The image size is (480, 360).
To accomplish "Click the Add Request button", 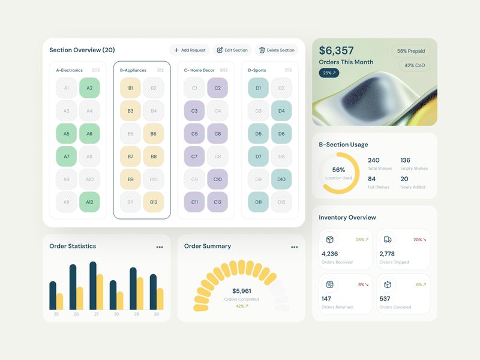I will click(x=190, y=50).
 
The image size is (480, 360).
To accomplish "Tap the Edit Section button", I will click(x=232, y=50).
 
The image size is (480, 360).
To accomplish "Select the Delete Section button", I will click(x=277, y=50).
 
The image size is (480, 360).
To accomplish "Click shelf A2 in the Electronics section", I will click(x=89, y=88).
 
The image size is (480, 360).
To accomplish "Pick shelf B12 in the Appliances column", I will click(x=154, y=202).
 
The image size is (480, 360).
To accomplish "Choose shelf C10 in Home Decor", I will click(x=217, y=179).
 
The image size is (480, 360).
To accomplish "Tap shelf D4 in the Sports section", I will click(x=281, y=111).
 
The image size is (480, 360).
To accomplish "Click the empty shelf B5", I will click(x=131, y=134).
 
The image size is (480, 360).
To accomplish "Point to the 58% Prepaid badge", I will click(x=411, y=52).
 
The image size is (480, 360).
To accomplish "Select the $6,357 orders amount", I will click(x=337, y=51).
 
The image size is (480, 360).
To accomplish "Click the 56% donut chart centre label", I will click(x=338, y=170).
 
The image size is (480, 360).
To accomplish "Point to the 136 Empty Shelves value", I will click(x=406, y=160).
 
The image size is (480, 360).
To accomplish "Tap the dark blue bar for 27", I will click(x=93, y=285).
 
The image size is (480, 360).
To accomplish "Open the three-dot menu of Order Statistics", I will click(x=160, y=247).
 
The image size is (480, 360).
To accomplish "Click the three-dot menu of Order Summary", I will click(x=294, y=247).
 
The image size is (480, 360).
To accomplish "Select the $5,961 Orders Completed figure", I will click(x=241, y=291).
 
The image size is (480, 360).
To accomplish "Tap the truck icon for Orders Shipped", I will click(x=388, y=239).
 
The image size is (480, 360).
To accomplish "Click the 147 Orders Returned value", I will click(x=326, y=299).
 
